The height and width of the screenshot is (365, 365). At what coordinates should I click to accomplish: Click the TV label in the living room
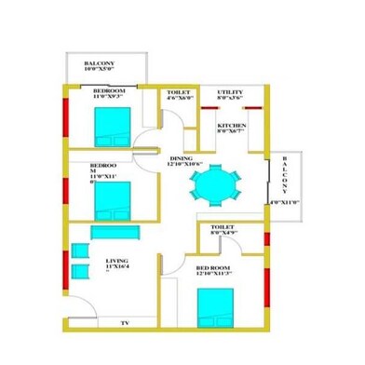[123, 322]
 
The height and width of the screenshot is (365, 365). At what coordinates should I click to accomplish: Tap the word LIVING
[117, 261]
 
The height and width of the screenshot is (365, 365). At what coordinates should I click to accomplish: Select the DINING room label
[180, 159]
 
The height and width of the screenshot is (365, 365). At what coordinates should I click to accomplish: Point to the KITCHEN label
[231, 125]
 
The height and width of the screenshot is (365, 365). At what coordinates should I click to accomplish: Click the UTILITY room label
[230, 92]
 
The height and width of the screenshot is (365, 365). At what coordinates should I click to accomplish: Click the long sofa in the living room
[115, 233]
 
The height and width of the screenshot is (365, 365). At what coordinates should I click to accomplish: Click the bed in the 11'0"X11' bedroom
[115, 197]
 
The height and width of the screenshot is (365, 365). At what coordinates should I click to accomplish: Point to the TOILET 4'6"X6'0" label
[179, 92]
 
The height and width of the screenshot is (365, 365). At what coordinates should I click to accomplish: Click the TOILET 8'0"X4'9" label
[223, 226]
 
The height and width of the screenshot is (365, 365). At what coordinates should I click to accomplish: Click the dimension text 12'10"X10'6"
[185, 166]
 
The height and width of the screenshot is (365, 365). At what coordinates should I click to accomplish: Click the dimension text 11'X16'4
[118, 267]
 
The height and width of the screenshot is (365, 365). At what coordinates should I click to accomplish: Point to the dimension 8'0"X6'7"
[231, 131]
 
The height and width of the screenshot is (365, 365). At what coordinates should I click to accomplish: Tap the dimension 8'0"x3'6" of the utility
[230, 99]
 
